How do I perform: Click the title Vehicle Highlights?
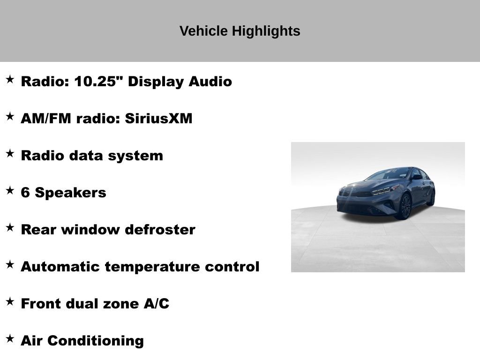click(x=240, y=31)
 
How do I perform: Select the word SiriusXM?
click(x=158, y=119)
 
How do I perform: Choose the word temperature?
click(x=153, y=267)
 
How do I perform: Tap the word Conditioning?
click(x=96, y=341)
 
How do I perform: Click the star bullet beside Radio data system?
click(x=10, y=153)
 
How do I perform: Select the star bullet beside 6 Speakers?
click(x=10, y=190)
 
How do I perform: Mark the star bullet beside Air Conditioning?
click(x=10, y=338)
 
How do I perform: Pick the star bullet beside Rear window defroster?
click(x=10, y=227)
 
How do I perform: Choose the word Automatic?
click(x=60, y=267)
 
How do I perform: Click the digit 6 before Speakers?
click(x=25, y=193)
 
